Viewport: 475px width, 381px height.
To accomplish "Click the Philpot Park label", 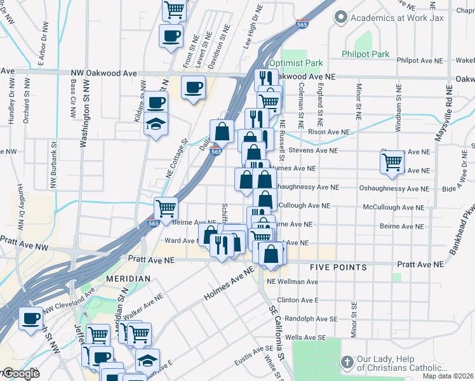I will point(365,55).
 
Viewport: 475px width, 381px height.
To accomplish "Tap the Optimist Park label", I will point(296,63).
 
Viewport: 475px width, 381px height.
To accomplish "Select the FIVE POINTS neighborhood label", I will point(338,268).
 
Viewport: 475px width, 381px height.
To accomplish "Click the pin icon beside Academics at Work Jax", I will point(341,17).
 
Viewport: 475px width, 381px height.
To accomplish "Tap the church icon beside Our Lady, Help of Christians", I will point(347,363).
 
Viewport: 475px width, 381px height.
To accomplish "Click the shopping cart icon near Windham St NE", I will point(392,163).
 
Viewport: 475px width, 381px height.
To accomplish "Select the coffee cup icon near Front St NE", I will point(170,36).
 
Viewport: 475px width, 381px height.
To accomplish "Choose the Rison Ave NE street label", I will point(329,132).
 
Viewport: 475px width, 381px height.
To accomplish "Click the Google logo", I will point(20,373).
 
